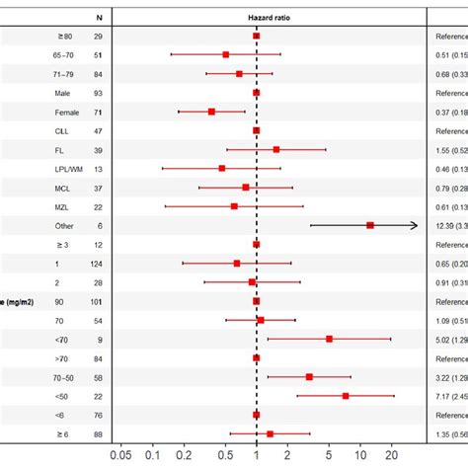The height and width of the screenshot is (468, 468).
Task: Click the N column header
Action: pos(97,17)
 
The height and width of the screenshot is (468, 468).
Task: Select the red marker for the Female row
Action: pos(211,112)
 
